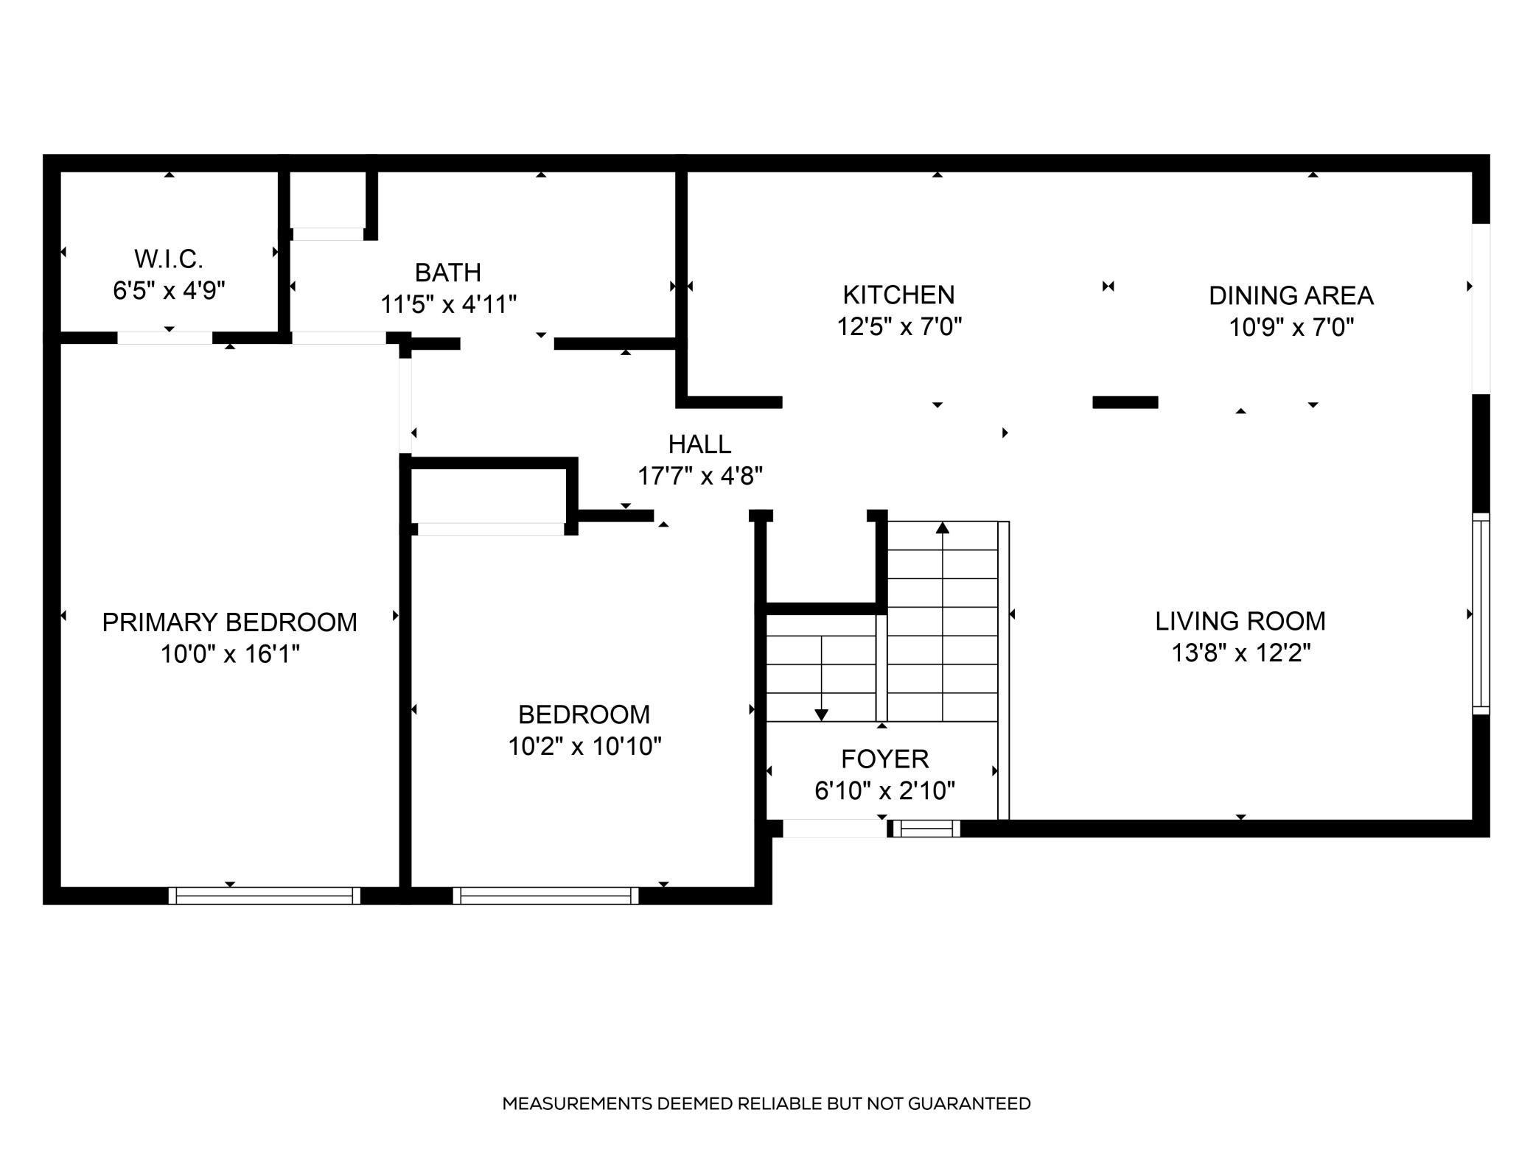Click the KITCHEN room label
click(898, 295)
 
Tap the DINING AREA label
click(1291, 295)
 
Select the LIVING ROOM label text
click(1240, 621)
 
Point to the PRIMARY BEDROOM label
click(229, 622)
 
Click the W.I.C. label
click(169, 259)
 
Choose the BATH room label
click(448, 273)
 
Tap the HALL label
click(699, 444)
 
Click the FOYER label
click(884, 759)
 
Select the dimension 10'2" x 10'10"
click(584, 746)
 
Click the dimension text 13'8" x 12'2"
click(1241, 653)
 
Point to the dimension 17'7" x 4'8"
click(699, 476)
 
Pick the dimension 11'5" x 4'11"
click(448, 304)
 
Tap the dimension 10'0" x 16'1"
click(230, 653)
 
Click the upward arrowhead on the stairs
click(943, 527)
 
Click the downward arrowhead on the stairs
click(821, 715)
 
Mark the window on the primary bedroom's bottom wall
click(265, 896)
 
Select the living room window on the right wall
click(1481, 614)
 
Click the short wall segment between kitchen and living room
click(1125, 402)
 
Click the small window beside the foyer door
click(926, 829)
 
